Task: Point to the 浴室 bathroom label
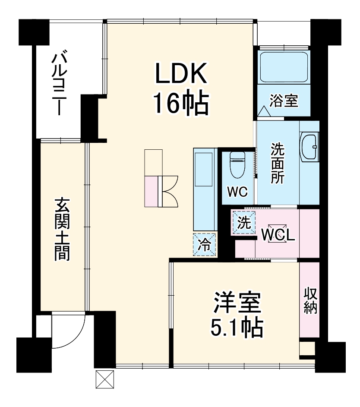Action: point(284,101)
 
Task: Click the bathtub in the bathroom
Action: point(284,67)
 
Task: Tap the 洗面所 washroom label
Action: point(278,163)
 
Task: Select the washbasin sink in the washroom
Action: point(309,147)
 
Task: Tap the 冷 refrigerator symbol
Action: point(204,245)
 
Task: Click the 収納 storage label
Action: point(310,300)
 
